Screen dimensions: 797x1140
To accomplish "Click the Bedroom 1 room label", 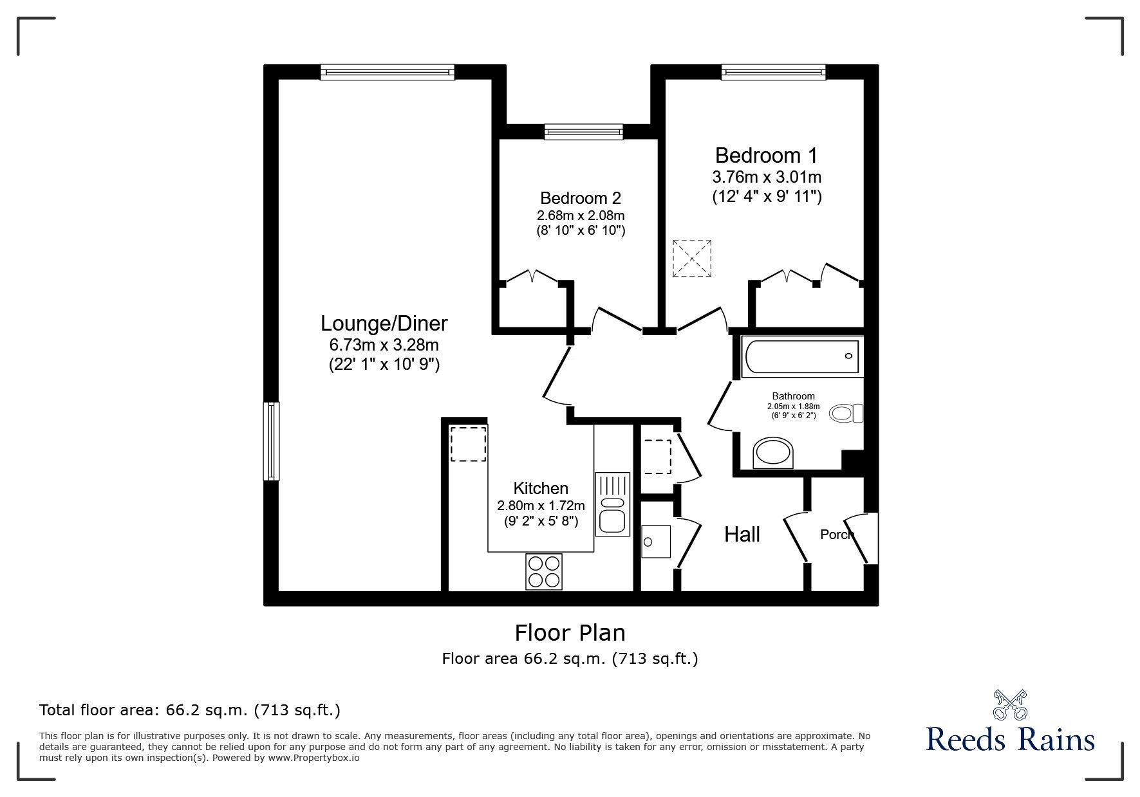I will point(766,156).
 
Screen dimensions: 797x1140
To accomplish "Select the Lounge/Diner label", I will point(384,323).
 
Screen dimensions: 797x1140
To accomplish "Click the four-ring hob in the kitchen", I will point(543,571).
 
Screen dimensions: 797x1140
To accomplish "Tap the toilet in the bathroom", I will point(846,413).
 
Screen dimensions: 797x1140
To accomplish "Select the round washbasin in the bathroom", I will point(773,453).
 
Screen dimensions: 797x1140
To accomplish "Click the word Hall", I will point(742,535).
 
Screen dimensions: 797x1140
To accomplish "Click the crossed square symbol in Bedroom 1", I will point(692,259).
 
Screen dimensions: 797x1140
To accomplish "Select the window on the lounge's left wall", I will point(272,441).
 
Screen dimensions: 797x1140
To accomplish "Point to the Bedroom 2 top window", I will point(584,132).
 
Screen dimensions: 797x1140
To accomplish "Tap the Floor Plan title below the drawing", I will point(570,633).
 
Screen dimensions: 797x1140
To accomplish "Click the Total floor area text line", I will point(190,711).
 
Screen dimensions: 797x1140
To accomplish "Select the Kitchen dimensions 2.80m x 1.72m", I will point(541,506).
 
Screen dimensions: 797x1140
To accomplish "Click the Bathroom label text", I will point(793,396).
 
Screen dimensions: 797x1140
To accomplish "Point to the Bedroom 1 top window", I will point(773,72).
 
